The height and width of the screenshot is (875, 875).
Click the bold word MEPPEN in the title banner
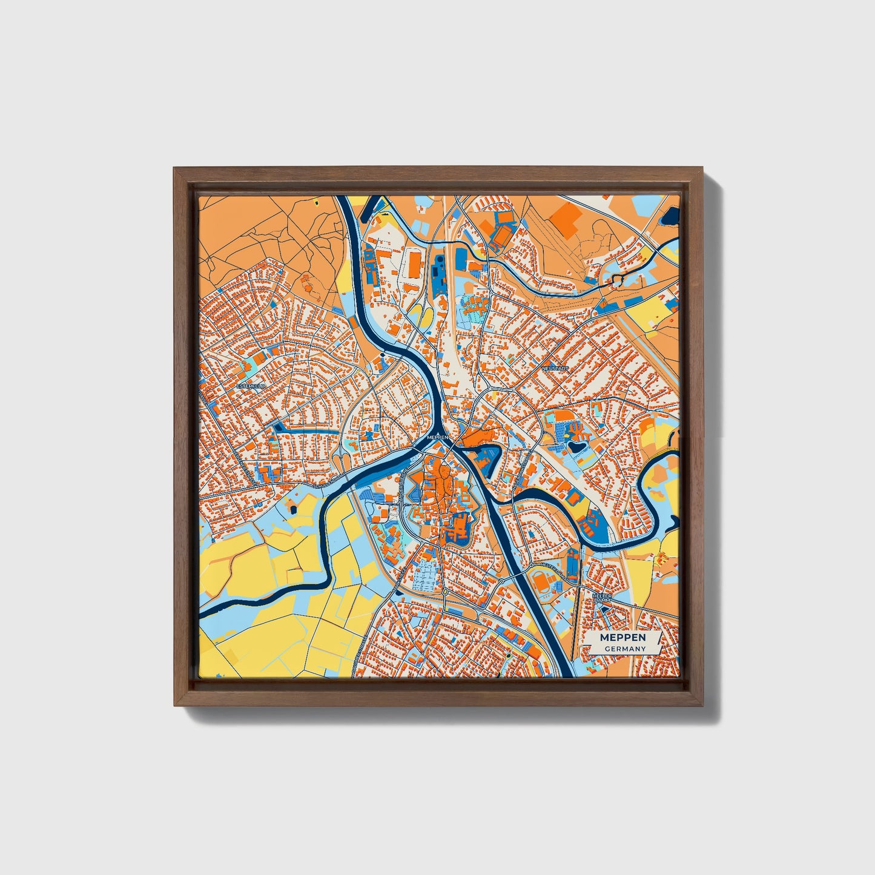622,638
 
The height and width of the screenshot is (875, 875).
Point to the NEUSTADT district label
556,368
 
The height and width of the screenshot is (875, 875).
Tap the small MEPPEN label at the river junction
436,437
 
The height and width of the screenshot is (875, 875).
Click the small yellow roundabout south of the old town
445,591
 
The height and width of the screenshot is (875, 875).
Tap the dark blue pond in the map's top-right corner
671,213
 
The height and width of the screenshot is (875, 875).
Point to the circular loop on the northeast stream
618,280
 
